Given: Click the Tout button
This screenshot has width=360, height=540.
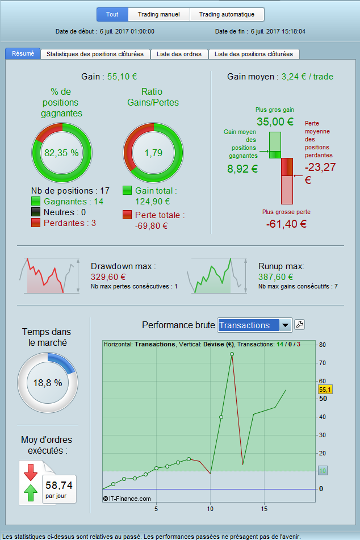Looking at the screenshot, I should (112, 15).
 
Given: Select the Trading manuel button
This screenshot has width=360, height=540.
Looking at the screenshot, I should (159, 15).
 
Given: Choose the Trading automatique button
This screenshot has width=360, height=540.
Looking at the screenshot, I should (227, 15).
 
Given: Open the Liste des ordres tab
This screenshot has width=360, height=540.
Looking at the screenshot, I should (179, 55).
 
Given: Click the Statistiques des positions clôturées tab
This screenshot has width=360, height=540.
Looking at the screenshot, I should (95, 55).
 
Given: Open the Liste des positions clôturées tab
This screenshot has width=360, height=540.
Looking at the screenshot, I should (254, 55).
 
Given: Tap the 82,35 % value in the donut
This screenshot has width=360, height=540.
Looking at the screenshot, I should (61, 153).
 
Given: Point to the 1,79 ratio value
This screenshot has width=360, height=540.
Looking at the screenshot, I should (153, 153).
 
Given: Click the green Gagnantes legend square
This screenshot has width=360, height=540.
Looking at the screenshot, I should (36, 202).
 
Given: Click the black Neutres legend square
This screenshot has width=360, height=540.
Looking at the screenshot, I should (36, 212).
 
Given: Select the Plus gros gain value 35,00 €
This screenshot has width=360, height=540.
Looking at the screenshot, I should (275, 122).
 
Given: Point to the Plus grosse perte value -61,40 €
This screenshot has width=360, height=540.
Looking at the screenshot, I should (286, 224).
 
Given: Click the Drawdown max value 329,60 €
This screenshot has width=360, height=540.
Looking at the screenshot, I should (108, 277).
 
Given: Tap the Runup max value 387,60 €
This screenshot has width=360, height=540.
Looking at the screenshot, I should (275, 277).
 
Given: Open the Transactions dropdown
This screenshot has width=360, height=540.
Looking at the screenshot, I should (254, 325).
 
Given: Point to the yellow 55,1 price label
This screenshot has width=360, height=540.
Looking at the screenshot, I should (325, 390).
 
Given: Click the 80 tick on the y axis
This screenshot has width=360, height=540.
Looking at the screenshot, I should (323, 345).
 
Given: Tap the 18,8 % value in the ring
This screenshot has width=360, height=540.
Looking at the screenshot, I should (48, 383).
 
